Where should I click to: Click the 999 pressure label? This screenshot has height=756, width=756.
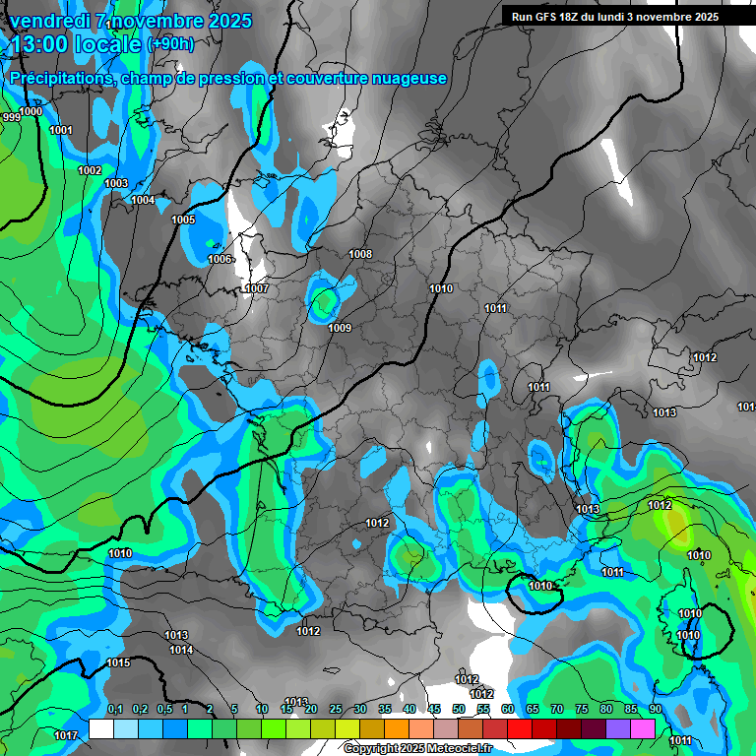tap(11, 117)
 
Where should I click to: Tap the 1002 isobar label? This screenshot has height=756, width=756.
tap(90, 170)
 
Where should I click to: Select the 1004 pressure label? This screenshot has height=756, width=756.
tap(143, 200)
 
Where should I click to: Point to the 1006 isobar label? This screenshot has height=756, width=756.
tap(220, 259)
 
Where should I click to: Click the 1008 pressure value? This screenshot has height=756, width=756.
tap(360, 254)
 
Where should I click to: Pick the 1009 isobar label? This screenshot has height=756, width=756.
tap(340, 328)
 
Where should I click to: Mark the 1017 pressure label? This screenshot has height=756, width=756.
tap(66, 735)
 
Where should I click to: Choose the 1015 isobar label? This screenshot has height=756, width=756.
tap(118, 662)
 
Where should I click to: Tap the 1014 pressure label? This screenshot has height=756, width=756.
tap(180, 650)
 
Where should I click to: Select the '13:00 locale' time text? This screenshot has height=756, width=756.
tap(76, 44)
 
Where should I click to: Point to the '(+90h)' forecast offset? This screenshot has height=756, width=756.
tap(170, 44)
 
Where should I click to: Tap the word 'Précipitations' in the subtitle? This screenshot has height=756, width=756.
tap(62, 78)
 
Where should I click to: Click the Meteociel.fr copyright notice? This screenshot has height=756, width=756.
tap(416, 748)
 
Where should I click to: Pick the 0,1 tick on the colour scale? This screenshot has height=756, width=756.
tap(115, 709)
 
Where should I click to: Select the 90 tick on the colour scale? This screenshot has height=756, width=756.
tap(655, 709)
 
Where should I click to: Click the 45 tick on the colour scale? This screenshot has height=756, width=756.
tap(434, 709)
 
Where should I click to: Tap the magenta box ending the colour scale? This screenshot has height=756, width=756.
tap(642, 728)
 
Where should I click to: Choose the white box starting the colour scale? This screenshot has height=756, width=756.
tap(101, 728)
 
